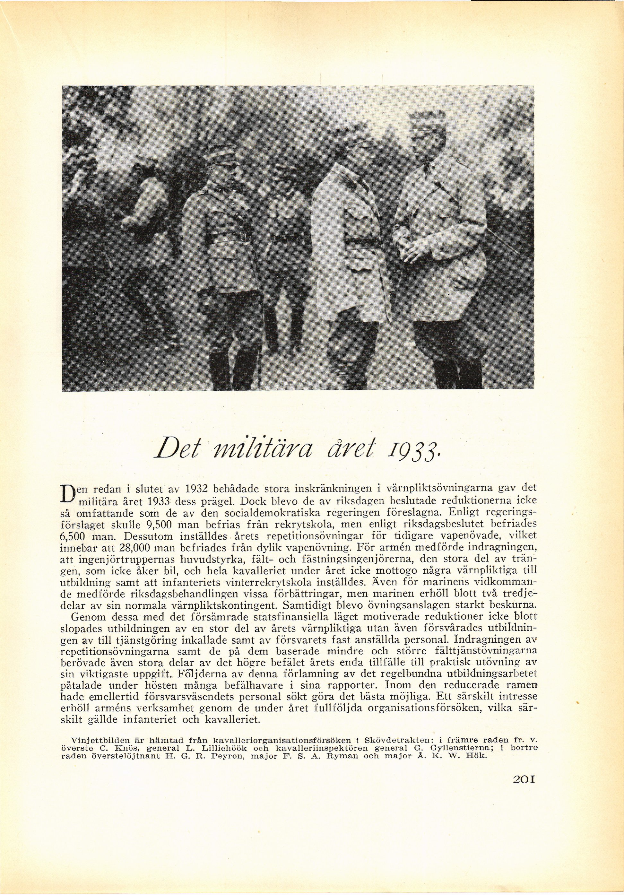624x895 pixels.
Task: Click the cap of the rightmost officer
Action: click(427, 120)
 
